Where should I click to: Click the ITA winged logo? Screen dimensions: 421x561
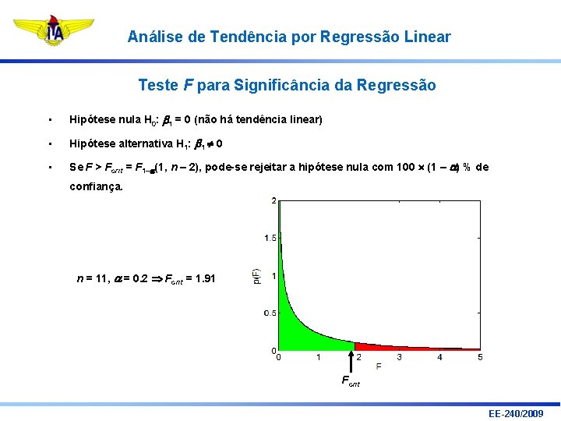[x=54, y=33]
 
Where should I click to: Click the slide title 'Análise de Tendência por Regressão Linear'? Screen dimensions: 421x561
[x=288, y=37]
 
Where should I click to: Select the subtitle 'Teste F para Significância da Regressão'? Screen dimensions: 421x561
[x=287, y=85]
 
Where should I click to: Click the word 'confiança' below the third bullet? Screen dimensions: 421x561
[x=96, y=186]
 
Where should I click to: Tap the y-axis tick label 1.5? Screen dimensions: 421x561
[x=269, y=237]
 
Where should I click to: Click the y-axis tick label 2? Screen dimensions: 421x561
[x=273, y=200]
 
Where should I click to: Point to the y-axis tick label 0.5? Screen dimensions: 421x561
[x=269, y=313]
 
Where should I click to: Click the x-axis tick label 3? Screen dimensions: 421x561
[x=399, y=358]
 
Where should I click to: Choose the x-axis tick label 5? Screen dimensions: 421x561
[x=480, y=358]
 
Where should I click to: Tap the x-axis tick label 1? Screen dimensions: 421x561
[x=318, y=358]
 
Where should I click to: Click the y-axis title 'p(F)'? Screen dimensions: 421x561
[x=256, y=276]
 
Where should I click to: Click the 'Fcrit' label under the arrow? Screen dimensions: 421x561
[x=351, y=381]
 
